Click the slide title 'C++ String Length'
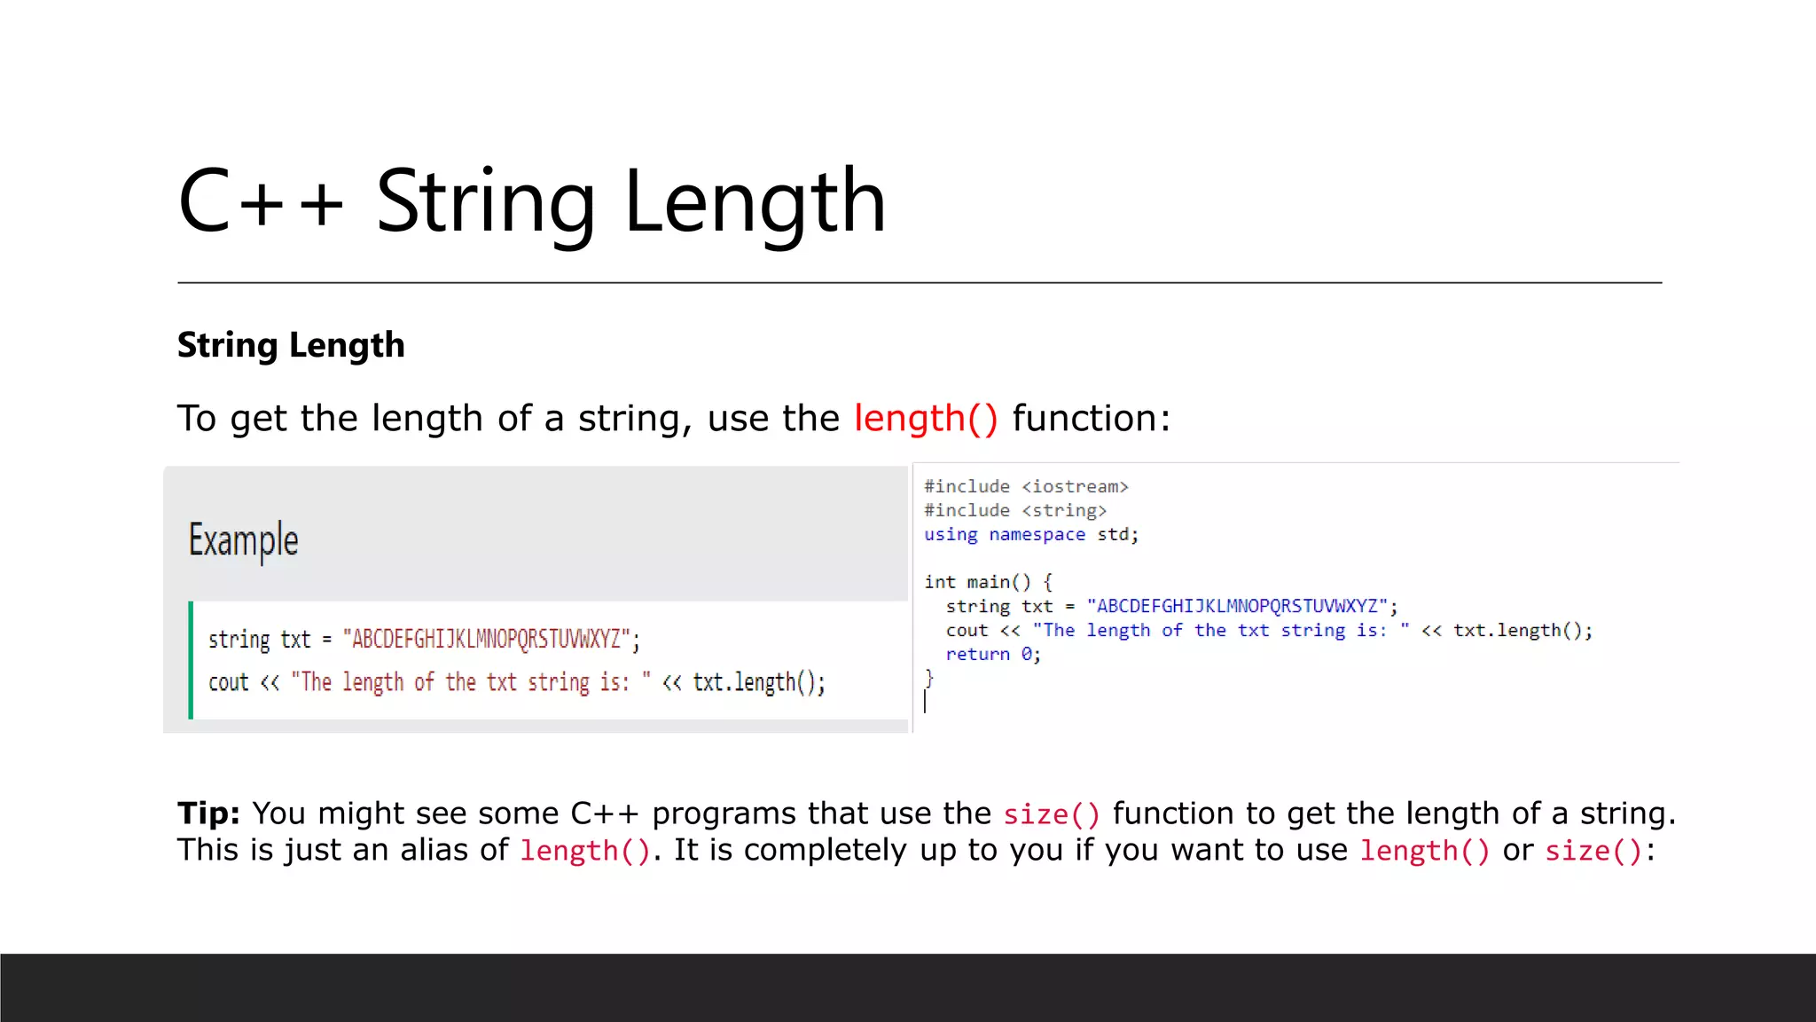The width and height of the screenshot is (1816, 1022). click(532, 202)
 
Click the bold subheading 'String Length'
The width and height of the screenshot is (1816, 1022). click(291, 345)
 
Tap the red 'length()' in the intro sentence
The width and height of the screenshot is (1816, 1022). click(926, 418)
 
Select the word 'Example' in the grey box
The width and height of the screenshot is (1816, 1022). click(243, 540)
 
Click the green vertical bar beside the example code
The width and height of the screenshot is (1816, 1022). click(191, 660)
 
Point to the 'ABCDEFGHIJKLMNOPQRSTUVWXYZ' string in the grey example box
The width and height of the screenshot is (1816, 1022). click(486, 639)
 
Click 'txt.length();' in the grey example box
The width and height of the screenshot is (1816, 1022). click(759, 682)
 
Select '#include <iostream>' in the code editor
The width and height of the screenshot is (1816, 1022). click(1026, 486)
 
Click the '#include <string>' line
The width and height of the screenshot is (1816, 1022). click(1015, 510)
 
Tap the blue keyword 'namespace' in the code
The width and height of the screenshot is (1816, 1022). click(1037, 534)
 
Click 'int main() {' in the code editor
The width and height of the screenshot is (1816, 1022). click(988, 582)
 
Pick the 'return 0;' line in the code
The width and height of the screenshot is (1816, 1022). click(993, 654)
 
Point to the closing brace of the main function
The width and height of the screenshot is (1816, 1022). click(929, 679)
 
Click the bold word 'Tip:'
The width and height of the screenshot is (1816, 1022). click(208, 813)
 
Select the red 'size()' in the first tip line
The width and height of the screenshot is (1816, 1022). click(1052, 814)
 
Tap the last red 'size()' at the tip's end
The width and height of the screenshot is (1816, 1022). click(1593, 851)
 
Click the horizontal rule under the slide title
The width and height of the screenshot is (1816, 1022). click(919, 283)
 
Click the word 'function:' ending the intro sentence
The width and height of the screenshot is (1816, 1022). click(1091, 418)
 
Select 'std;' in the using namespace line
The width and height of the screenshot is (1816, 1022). click(1117, 534)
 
